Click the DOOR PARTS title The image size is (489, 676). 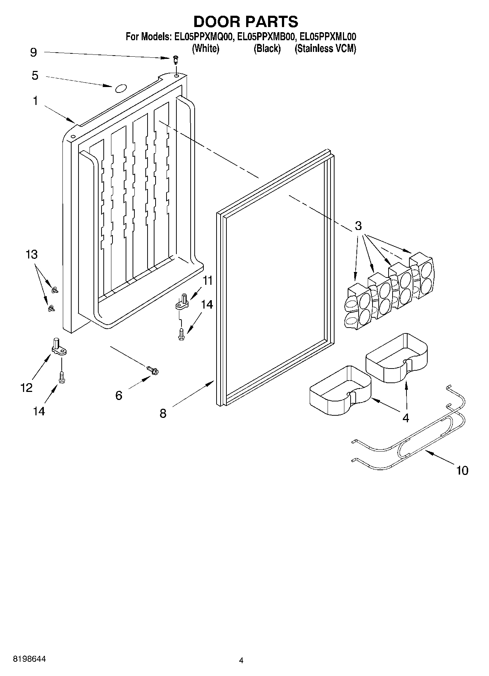[x=245, y=22]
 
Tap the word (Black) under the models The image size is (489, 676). [x=267, y=48]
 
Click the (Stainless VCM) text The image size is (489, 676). [x=325, y=48]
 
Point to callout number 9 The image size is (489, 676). [x=33, y=52]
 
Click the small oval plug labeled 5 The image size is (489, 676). [x=121, y=88]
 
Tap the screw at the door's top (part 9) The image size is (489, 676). [x=176, y=59]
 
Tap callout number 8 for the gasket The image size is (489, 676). [x=163, y=413]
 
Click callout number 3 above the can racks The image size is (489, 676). [x=358, y=226]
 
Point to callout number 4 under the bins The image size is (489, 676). [x=406, y=418]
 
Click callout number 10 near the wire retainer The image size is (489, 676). [x=462, y=470]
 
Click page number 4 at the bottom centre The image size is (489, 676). [x=241, y=660]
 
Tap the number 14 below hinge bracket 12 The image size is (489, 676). [x=39, y=411]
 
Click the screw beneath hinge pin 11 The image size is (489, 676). [x=181, y=334]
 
